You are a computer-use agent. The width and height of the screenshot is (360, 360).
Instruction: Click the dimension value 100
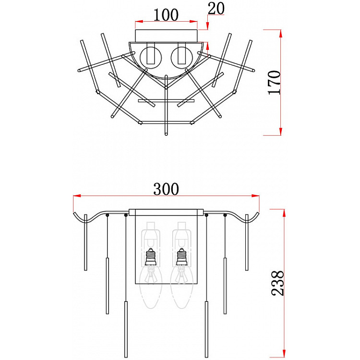click(166, 15)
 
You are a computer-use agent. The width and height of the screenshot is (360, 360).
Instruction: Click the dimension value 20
click(216, 9)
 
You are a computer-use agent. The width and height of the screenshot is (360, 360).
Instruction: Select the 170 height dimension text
click(275, 83)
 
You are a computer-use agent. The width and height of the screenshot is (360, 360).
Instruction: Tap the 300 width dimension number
click(166, 189)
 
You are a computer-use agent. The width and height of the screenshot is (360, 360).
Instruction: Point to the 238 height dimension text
click(278, 283)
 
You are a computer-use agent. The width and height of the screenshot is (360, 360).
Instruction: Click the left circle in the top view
click(151, 58)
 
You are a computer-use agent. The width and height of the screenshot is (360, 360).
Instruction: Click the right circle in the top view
click(181, 58)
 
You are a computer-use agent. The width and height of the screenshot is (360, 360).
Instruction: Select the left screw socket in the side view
click(151, 257)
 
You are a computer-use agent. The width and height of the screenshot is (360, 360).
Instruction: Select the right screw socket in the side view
click(181, 257)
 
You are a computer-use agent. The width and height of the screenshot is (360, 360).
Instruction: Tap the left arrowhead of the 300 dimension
click(77, 196)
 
